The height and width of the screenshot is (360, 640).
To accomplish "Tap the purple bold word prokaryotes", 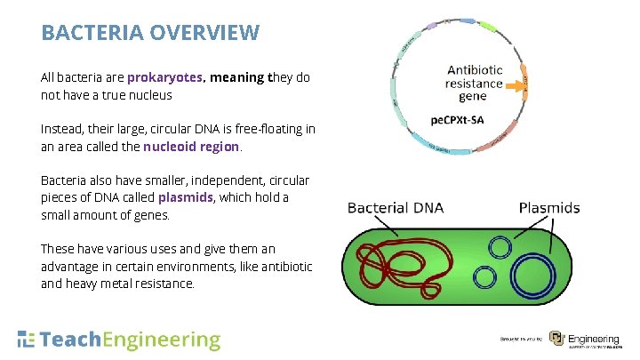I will click(165, 77).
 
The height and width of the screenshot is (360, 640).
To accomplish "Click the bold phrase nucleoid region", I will click(191, 146).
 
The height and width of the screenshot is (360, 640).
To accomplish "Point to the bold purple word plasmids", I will click(185, 197).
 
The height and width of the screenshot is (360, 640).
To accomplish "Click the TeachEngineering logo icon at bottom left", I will click(27, 340).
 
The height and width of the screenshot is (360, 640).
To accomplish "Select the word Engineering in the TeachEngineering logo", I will click(162, 340).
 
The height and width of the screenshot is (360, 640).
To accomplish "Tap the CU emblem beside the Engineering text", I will click(556, 339).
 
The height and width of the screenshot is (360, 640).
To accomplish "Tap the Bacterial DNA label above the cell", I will click(396, 208).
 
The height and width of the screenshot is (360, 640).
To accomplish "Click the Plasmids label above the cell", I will click(549, 208).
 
